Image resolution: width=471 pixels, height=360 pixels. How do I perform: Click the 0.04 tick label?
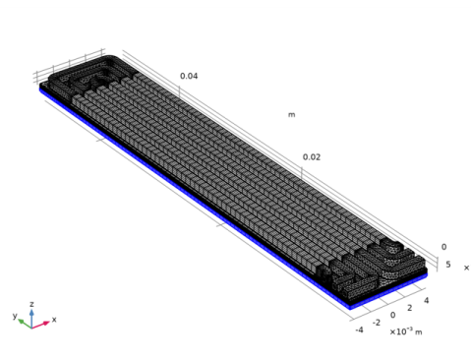pyautogui.click(x=189, y=76)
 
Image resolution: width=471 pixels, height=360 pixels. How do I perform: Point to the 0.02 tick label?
pyautogui.click(x=312, y=157)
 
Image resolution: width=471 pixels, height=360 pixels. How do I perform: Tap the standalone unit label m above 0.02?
pyautogui.click(x=291, y=115)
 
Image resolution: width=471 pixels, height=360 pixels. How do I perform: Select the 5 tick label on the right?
pyautogui.click(x=448, y=265)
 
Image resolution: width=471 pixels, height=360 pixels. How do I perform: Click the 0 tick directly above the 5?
pyautogui.click(x=443, y=247)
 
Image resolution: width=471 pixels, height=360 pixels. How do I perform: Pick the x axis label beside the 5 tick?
pyautogui.click(x=466, y=268)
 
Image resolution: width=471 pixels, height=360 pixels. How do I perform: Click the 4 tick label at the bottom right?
pyautogui.click(x=426, y=300)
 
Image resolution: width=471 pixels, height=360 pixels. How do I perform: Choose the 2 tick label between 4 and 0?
pyautogui.click(x=410, y=308)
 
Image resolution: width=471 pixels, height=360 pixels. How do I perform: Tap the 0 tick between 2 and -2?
pyautogui.click(x=392, y=315)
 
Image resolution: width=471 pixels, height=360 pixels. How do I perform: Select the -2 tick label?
pyautogui.click(x=377, y=323)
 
